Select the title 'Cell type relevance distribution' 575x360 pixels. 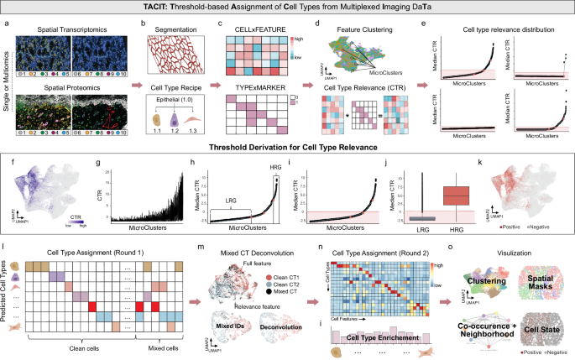pyautogui.click(x=503, y=27)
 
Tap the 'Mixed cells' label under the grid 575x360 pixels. pyautogui.click(x=155, y=348)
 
